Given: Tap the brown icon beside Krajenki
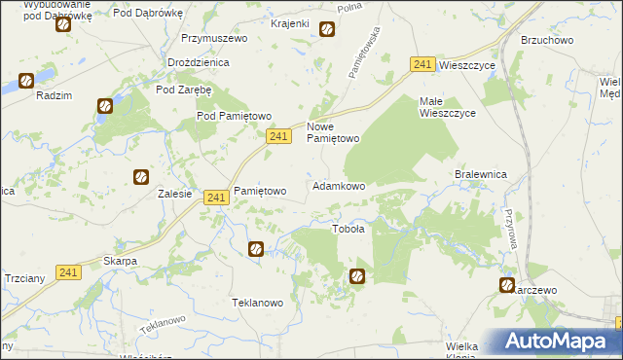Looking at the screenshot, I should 327,29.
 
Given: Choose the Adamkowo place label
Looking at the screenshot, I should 338,185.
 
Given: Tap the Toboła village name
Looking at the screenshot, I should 348,230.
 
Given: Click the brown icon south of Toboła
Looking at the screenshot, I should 357,276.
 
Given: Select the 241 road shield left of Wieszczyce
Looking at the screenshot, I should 421,64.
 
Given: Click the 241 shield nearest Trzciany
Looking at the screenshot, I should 68,272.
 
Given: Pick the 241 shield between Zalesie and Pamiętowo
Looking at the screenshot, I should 216,198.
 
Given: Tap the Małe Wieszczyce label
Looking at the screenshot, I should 447,107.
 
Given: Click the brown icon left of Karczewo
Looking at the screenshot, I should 507,285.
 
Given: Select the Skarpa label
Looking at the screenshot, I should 120,262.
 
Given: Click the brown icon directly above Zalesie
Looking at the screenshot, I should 141,176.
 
